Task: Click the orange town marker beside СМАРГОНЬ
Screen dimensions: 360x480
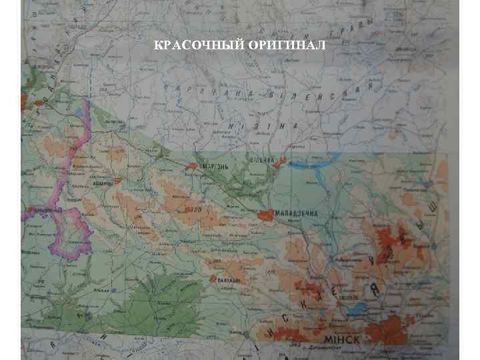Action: coord(193,165)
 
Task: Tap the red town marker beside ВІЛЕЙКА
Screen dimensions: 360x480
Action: coord(283,160)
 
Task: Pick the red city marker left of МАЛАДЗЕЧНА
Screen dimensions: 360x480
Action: coord(265,215)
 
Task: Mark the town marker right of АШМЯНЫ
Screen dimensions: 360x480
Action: coord(118,179)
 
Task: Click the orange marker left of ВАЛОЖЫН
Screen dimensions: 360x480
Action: coord(213,279)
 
